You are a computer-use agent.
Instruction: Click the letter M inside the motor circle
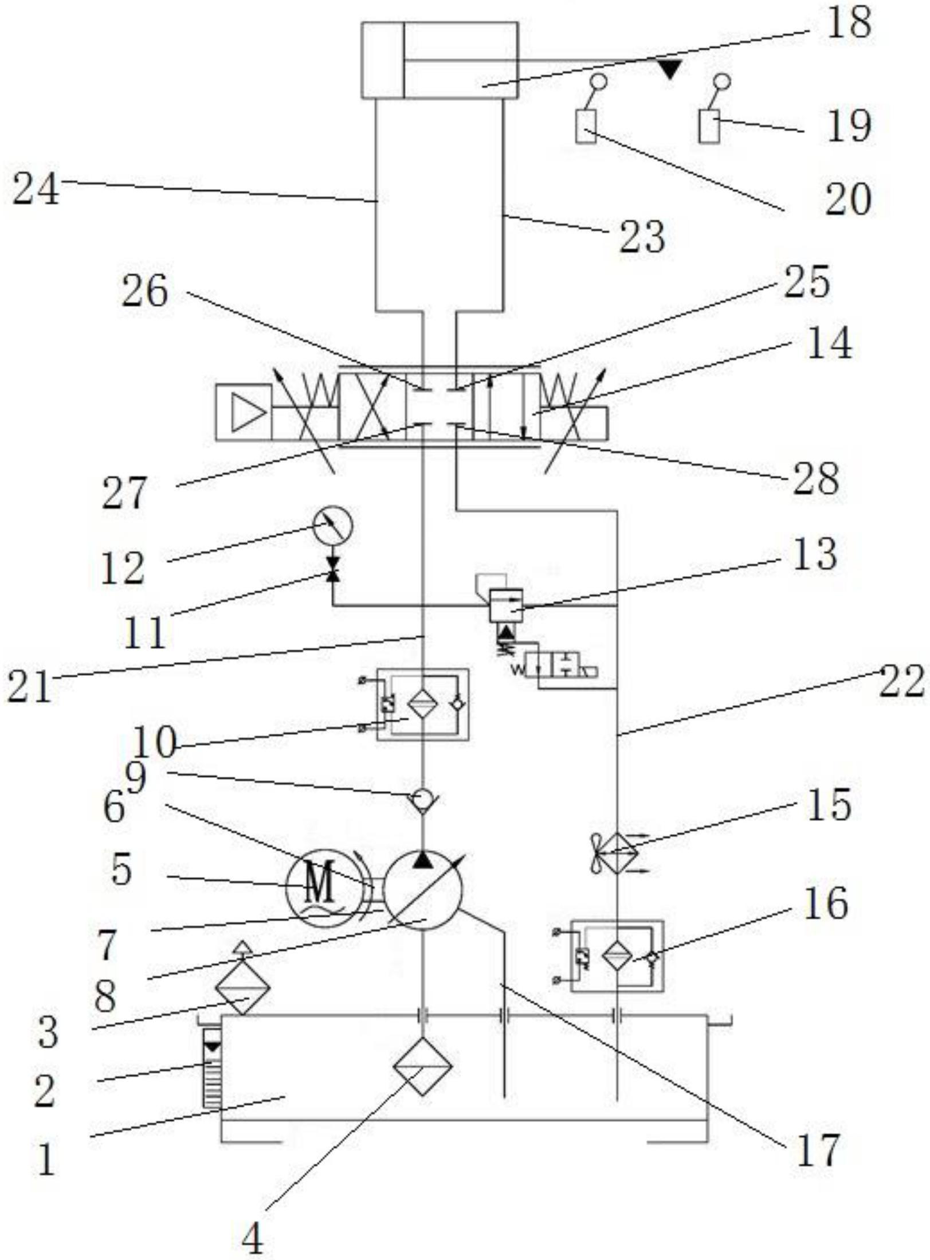click(320, 883)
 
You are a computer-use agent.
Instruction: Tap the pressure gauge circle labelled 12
click(333, 525)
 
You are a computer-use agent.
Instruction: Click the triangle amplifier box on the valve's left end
click(244, 413)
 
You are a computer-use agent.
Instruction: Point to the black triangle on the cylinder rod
click(669, 69)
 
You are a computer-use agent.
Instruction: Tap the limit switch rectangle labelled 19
click(709, 127)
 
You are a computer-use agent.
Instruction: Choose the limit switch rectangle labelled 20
click(586, 127)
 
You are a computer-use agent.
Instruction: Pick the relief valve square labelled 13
click(505, 605)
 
